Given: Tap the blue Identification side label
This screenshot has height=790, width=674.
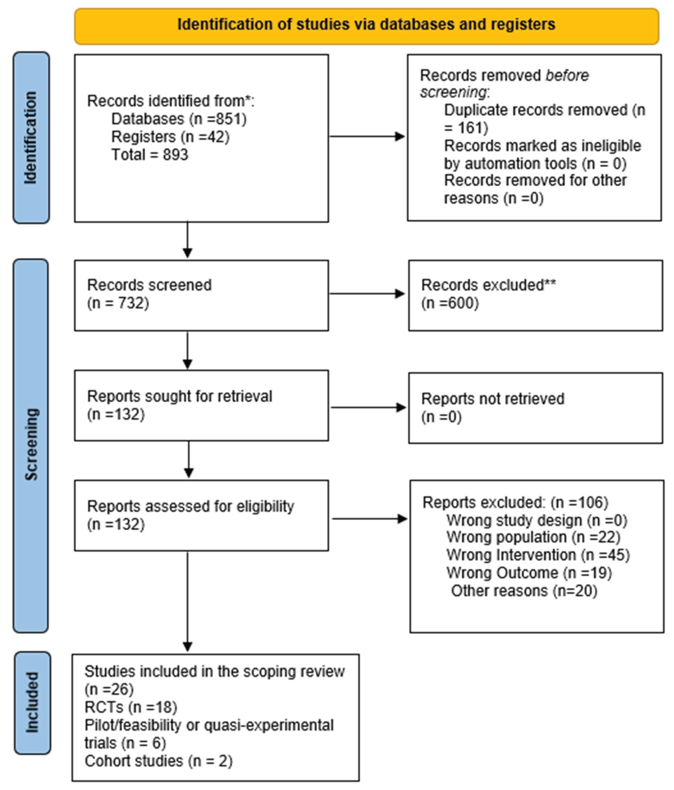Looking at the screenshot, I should point(31,138).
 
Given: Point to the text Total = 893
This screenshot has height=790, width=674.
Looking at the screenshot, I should point(150,155).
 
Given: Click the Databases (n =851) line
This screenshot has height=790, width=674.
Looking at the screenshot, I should point(178,119).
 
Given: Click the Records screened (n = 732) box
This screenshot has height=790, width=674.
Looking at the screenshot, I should point(201,295).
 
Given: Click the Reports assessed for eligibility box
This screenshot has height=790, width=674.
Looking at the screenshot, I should point(201,515).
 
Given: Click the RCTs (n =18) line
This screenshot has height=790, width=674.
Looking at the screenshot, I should point(131,707).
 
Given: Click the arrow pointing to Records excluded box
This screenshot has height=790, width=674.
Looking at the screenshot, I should point(367,294).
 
